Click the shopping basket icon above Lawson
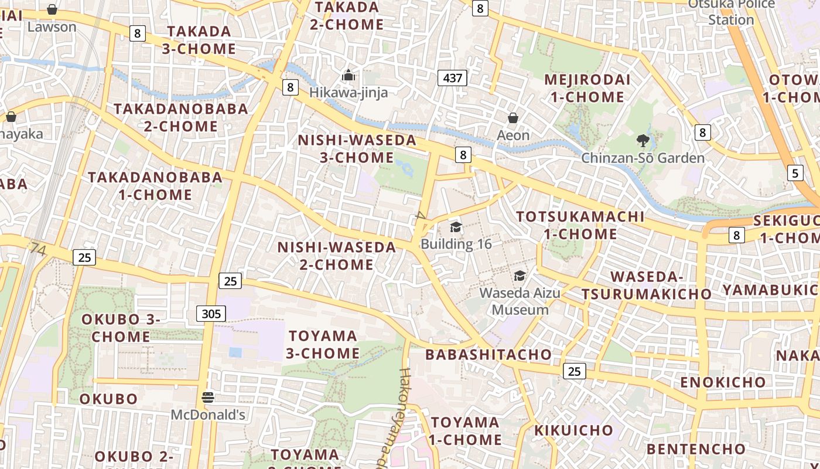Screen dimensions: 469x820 52,9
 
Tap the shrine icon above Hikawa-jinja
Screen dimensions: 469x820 348,75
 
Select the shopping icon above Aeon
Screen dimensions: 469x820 513,118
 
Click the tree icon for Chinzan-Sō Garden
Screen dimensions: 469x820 643,141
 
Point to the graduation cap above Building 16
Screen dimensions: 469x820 456,227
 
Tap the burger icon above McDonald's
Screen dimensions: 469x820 207,397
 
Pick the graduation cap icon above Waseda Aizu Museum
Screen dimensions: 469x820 520,276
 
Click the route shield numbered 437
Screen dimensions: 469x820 452,77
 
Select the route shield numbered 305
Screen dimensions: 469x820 211,314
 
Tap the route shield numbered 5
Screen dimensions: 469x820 795,173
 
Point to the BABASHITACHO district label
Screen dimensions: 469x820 488,354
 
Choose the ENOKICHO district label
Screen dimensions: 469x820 723,382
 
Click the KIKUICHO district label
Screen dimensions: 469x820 573,430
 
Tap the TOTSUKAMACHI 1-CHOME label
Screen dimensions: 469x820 580,225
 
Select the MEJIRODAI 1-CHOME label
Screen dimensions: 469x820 587,88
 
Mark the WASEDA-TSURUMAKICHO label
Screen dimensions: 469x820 647,285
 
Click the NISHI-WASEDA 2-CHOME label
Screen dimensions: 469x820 337,256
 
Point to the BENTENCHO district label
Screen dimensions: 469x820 696,449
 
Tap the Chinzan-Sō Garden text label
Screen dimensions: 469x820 643,158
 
